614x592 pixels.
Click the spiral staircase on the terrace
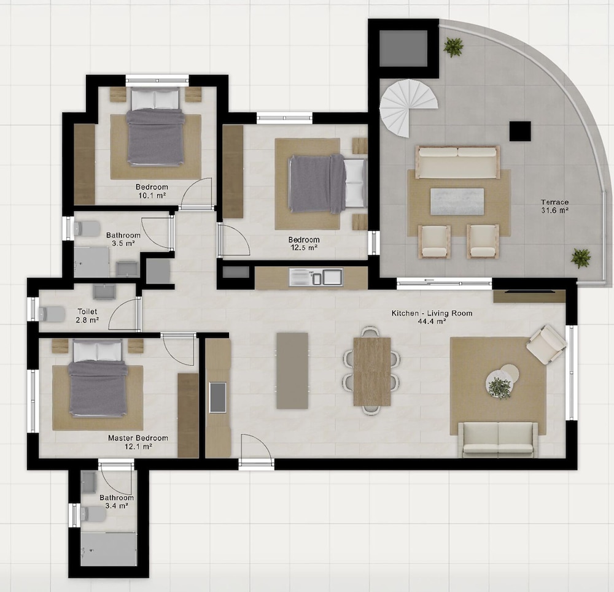click(x=407, y=106)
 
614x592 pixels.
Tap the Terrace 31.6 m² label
click(x=554, y=206)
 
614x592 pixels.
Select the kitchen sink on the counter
click(x=316, y=277)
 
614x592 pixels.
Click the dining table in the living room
click(x=372, y=371)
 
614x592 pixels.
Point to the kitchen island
click(x=292, y=371)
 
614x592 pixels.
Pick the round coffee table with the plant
click(x=499, y=385)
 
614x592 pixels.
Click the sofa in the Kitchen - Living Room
click(x=498, y=439)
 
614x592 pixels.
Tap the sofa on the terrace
click(x=457, y=162)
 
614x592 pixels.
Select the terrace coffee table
click(x=457, y=201)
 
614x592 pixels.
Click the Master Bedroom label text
click(x=138, y=438)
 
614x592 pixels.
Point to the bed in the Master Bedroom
click(x=98, y=377)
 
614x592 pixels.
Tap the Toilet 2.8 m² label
click(x=87, y=316)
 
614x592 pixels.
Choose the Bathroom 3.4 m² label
click(x=117, y=502)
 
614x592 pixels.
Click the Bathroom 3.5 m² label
click(x=123, y=239)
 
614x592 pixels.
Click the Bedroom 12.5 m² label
click(x=304, y=244)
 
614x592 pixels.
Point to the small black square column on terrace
click(x=520, y=131)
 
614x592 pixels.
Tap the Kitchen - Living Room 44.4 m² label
click(x=432, y=317)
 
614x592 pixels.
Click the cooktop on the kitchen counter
click(x=218, y=398)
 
